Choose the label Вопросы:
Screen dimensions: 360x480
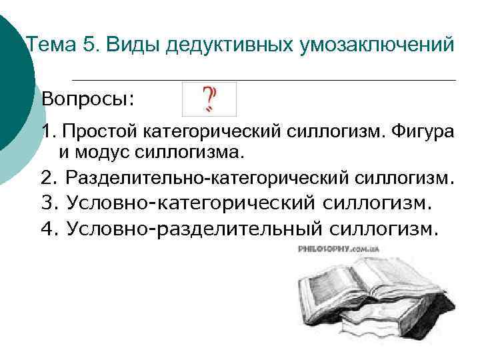point(87,99)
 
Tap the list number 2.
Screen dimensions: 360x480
point(47,179)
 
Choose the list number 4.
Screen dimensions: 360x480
point(47,229)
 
